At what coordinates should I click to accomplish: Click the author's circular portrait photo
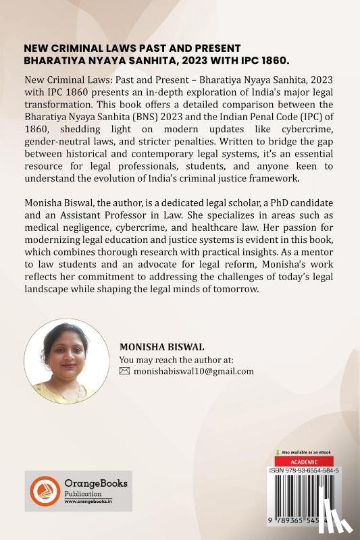tap(66, 361)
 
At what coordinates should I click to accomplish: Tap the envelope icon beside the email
tap(124, 371)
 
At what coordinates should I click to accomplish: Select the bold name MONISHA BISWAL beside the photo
tap(157, 346)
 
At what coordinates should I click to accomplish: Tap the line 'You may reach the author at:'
tap(176, 359)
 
